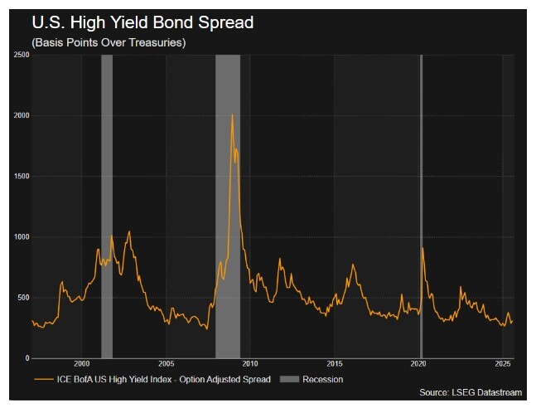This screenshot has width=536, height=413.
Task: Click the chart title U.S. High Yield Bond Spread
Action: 142,22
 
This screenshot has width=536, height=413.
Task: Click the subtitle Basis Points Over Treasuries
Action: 109,42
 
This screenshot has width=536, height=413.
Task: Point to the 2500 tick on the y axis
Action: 22,55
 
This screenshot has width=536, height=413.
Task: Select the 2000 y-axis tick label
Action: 22,115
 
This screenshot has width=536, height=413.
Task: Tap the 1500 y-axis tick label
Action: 22,176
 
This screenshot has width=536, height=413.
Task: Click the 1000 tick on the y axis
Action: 22,236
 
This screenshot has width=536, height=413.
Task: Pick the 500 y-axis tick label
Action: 23,297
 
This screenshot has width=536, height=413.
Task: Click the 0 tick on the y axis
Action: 27,357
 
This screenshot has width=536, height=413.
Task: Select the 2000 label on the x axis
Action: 81,365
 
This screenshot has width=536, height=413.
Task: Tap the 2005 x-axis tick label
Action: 166,365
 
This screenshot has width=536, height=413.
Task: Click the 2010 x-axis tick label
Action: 250,365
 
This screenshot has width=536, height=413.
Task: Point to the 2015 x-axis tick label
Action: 334,365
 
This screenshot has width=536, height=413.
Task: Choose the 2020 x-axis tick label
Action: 418,365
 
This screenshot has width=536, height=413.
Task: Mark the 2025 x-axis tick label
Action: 502,365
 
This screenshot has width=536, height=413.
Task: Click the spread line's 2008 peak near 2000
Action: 232,114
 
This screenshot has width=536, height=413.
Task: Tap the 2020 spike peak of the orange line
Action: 423,247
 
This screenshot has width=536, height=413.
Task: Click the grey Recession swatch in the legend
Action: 291,379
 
